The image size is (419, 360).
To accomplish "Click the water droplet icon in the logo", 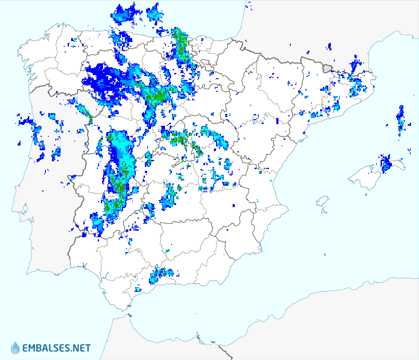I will click(x=15, y=348).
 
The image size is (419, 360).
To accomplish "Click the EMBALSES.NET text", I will click(x=57, y=348).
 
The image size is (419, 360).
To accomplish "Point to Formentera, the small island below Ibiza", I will click(x=323, y=212).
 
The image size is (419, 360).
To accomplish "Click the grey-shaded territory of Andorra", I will click(x=327, y=67).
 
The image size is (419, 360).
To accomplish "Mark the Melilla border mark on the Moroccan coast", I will click(x=199, y=337).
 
